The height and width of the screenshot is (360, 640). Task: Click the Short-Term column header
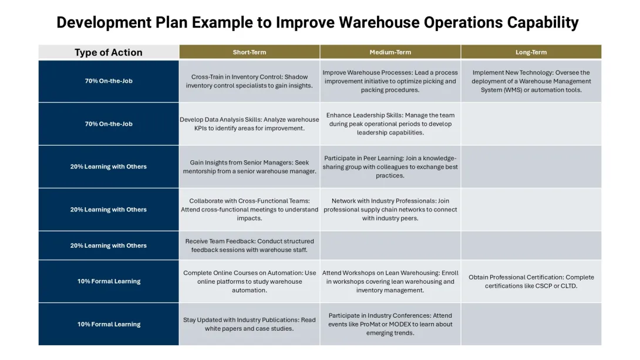click(250, 52)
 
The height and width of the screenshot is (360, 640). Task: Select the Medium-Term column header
click(390, 52)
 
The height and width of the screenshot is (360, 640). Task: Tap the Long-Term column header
click(531, 52)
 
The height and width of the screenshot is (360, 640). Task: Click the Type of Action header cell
click(109, 52)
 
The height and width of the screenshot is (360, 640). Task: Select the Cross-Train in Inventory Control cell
click(250, 81)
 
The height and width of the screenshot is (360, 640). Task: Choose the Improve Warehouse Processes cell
click(390, 81)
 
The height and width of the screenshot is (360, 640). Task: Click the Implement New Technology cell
click(531, 81)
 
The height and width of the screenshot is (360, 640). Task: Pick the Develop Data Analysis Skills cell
click(250, 124)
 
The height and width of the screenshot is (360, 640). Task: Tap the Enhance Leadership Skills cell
click(390, 124)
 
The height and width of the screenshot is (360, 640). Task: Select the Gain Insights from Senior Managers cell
click(250, 167)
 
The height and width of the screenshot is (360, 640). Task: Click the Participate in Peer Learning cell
click(390, 167)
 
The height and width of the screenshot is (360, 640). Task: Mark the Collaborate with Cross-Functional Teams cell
click(250, 210)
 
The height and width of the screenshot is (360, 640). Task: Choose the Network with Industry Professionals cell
click(390, 210)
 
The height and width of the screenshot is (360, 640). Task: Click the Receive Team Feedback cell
click(250, 245)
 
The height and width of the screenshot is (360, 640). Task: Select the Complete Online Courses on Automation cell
click(250, 281)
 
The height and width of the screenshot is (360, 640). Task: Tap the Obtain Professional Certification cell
click(531, 281)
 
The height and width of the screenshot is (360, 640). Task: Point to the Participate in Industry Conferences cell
click(390, 324)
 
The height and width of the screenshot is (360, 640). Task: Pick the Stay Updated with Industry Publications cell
click(250, 324)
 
